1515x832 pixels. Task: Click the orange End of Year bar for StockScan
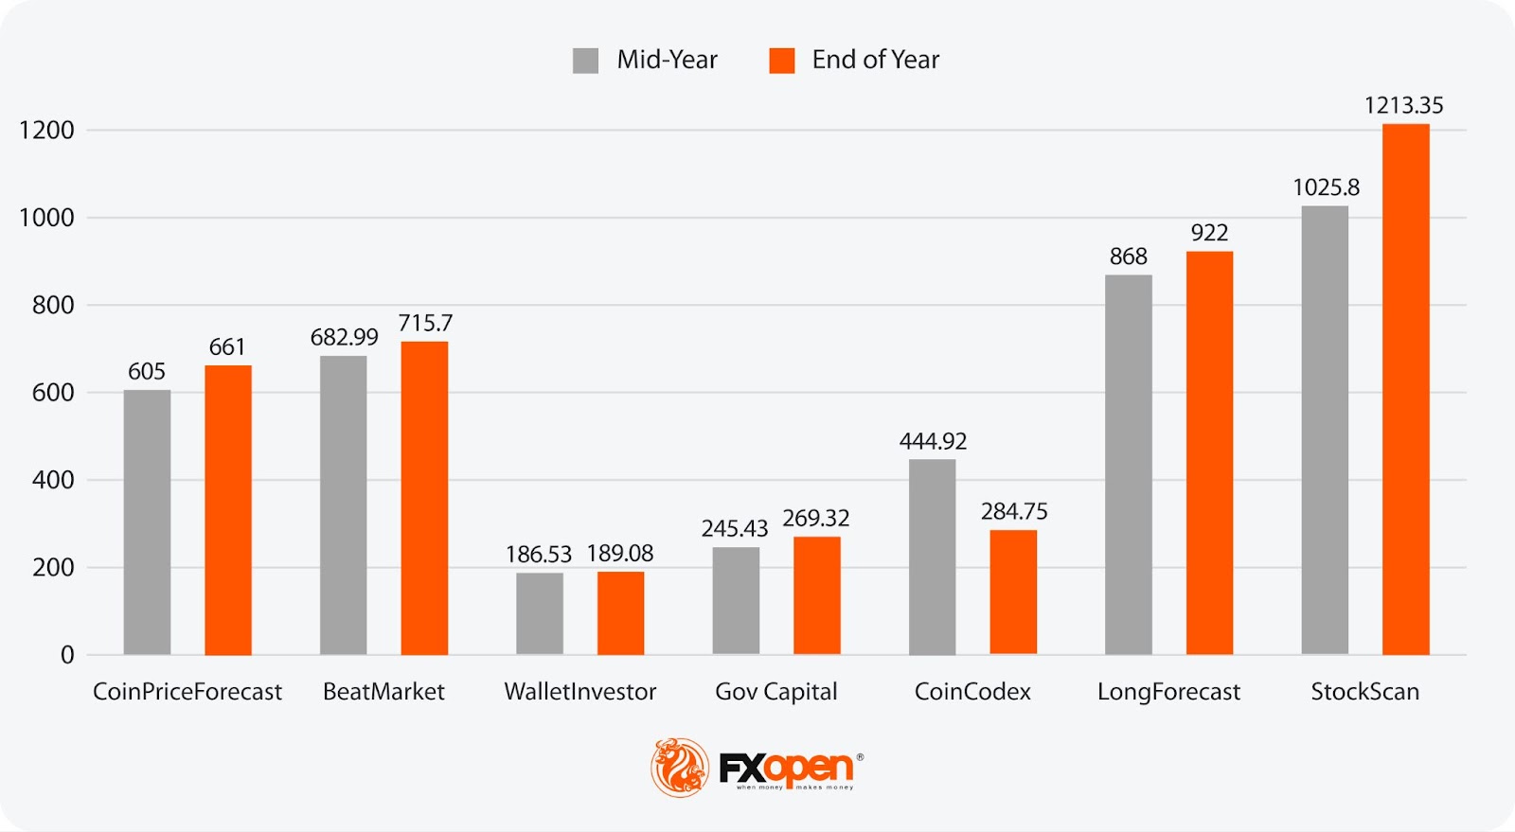[1405, 389]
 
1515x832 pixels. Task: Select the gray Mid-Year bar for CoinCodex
[932, 557]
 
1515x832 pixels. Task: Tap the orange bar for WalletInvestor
[620, 612]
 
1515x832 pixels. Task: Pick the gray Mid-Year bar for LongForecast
[1128, 465]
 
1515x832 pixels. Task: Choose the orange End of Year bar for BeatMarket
[424, 498]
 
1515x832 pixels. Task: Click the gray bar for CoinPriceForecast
[147, 522]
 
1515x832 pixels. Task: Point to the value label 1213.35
[1403, 105]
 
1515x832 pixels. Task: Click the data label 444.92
[933, 441]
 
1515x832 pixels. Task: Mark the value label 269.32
[815, 518]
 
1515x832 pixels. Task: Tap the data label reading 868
[1128, 257]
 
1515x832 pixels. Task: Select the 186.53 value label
[539, 554]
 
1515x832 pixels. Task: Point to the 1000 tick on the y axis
[46, 218]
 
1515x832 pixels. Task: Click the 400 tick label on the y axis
[53, 480]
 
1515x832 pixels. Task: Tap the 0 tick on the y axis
[67, 655]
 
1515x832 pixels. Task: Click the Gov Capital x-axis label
[775, 692]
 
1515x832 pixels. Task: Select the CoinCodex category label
[972, 692]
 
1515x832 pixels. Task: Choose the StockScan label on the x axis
[1364, 692]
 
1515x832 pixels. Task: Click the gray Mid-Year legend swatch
[585, 61]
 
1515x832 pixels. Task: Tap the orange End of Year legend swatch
[781, 61]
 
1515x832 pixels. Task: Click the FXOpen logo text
[786, 768]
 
